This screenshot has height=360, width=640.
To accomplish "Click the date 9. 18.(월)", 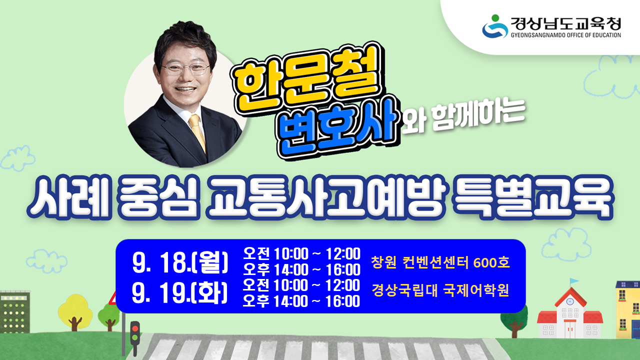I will click(180, 263).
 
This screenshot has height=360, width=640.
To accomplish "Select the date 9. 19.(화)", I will click(180, 293).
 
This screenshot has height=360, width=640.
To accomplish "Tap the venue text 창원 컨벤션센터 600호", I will click(440, 262).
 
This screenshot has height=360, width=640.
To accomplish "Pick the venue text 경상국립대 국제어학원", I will click(440, 290).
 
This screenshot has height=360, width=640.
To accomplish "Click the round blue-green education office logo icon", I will click(494, 26).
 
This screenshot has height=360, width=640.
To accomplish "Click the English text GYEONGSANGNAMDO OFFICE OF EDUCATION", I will click(565, 35).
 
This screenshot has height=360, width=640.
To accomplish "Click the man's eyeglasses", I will click(185, 69).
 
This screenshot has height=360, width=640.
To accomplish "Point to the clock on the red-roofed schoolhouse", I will click(569, 302).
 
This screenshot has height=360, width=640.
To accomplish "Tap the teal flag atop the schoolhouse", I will click(573, 281).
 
